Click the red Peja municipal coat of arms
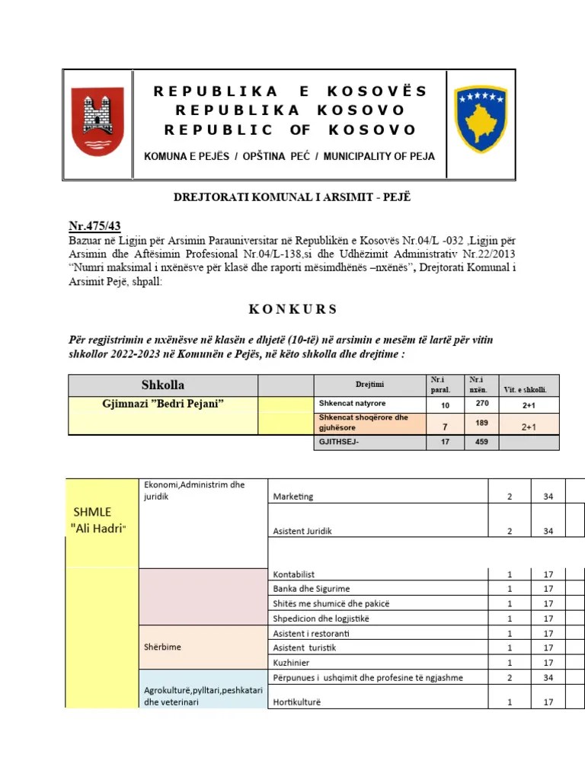[97, 122]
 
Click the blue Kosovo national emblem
[480, 120]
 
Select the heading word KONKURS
[292, 309]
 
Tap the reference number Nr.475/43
[95, 225]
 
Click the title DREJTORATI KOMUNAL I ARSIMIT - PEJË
[292, 198]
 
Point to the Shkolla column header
[163, 385]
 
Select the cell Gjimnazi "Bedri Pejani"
[163, 404]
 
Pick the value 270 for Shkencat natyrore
[481, 404]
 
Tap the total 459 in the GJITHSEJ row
[481, 442]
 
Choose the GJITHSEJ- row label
[336, 442]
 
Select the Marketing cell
[292, 497]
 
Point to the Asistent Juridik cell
[302, 531]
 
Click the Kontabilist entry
[294, 574]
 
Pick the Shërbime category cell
[162, 647]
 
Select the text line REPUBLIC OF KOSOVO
[290, 129]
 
